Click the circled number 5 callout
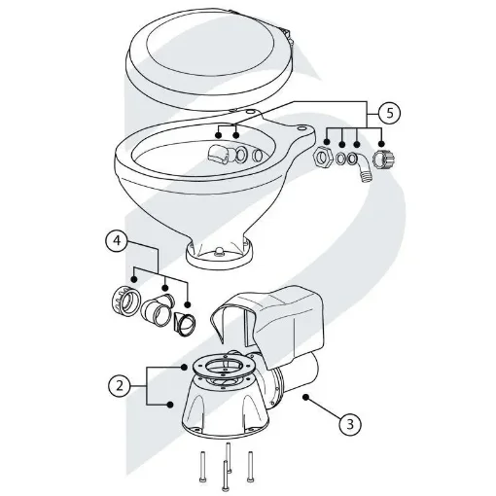tap(389, 112)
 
